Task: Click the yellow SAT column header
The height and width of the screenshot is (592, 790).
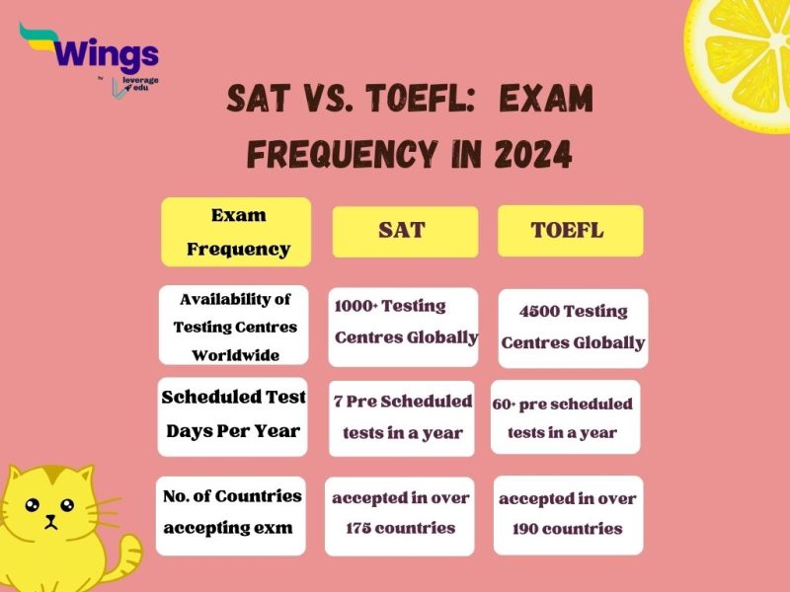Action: pos(404,231)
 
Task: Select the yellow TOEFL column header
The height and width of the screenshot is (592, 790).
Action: pos(570,231)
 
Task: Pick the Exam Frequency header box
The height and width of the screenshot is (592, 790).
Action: pos(236,232)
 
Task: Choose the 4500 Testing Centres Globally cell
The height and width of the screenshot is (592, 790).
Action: pos(573,328)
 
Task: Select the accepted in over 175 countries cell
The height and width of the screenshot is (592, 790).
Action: pos(401,512)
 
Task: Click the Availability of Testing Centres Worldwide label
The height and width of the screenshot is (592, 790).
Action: pos(233,325)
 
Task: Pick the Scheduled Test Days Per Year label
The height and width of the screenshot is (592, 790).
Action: pos(233,414)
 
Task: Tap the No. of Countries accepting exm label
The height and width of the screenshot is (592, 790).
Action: pos(231,512)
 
